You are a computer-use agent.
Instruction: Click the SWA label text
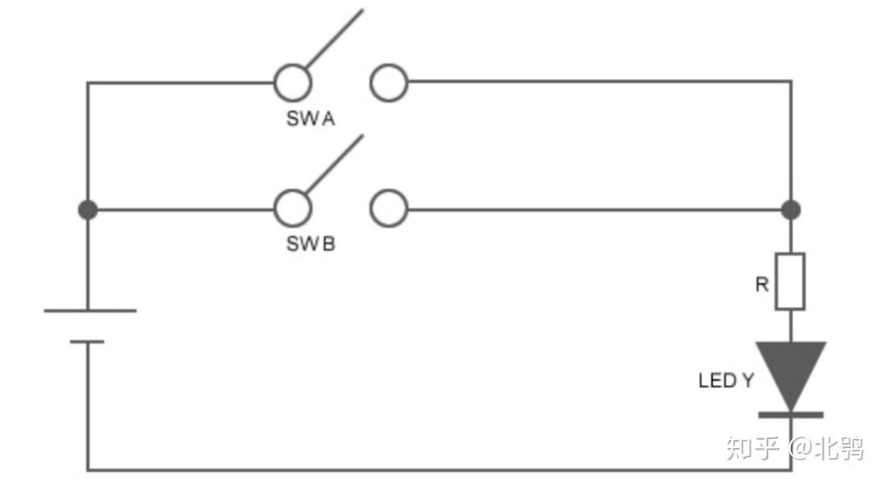point(310,119)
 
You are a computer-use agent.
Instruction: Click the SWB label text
point(310,244)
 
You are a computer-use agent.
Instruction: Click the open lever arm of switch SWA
point(334,39)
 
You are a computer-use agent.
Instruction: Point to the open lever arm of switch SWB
point(334,164)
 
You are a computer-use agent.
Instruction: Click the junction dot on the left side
point(88,210)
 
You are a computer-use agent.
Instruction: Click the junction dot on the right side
point(791,210)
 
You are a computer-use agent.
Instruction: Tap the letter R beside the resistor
point(762,284)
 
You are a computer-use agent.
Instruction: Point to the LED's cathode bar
point(791,415)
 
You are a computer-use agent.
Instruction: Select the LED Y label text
point(726,381)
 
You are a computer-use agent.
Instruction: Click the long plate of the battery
point(90,310)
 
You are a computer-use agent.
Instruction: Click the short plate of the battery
point(87,341)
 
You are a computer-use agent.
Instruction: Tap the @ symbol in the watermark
point(801,446)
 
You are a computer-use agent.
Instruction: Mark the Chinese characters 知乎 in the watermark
point(753,447)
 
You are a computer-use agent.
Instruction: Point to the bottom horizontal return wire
point(439,469)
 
